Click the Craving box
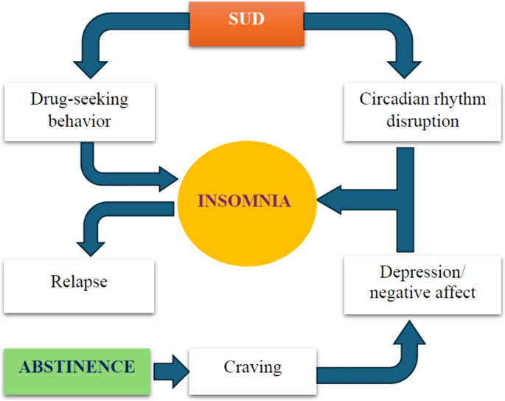click(252, 366)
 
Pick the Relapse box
click(80, 282)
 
